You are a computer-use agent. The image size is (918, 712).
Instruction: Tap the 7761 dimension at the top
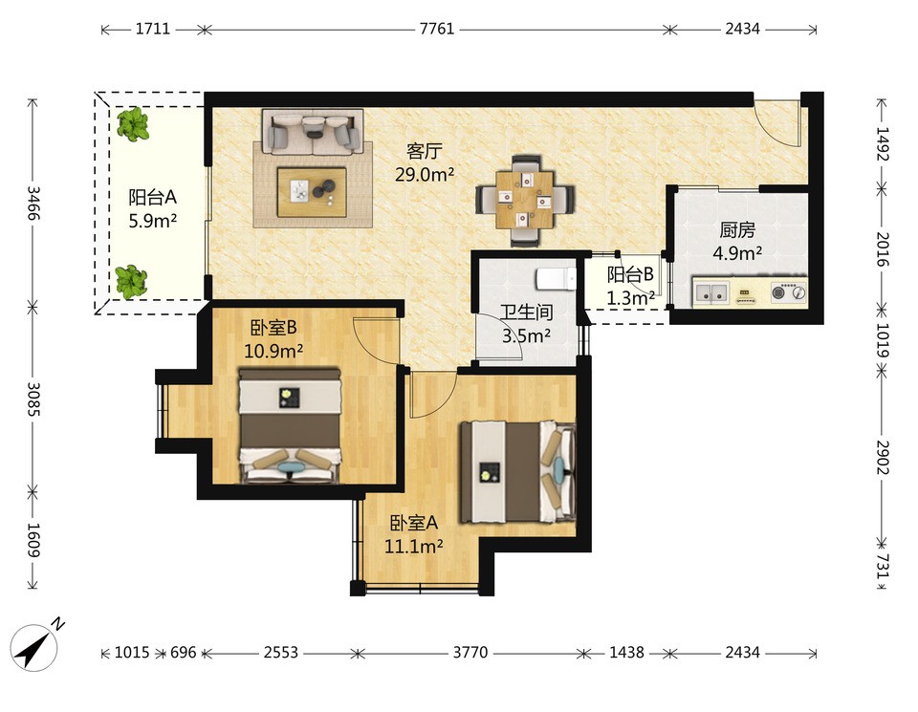coord(437,29)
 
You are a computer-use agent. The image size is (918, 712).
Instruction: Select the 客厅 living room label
coord(425,152)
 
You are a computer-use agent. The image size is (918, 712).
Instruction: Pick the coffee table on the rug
coord(313,192)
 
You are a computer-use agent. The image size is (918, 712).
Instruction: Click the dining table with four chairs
coord(525,199)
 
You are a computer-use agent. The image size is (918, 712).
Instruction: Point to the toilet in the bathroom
coord(557,278)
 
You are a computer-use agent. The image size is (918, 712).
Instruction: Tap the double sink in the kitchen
coord(710,291)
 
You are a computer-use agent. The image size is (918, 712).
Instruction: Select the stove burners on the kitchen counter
coord(788,291)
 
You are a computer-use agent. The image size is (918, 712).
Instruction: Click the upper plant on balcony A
coord(133,124)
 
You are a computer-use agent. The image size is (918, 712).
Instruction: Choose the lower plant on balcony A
coord(131,282)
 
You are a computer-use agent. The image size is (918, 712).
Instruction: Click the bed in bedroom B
coord(290,425)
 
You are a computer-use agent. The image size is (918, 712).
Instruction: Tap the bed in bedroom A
coord(517,471)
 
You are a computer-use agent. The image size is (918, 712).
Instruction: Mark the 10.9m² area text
coord(273,351)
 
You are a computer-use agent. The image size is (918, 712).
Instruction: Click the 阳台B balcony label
coord(630,274)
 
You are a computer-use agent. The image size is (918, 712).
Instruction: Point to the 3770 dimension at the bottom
coord(470,652)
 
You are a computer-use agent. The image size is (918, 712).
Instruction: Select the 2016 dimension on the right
coord(883,248)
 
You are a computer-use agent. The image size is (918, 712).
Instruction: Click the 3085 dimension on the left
coord(33,399)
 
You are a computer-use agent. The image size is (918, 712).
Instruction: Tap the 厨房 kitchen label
coord(737,230)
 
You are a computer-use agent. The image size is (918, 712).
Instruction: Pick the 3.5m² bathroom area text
coord(526,335)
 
